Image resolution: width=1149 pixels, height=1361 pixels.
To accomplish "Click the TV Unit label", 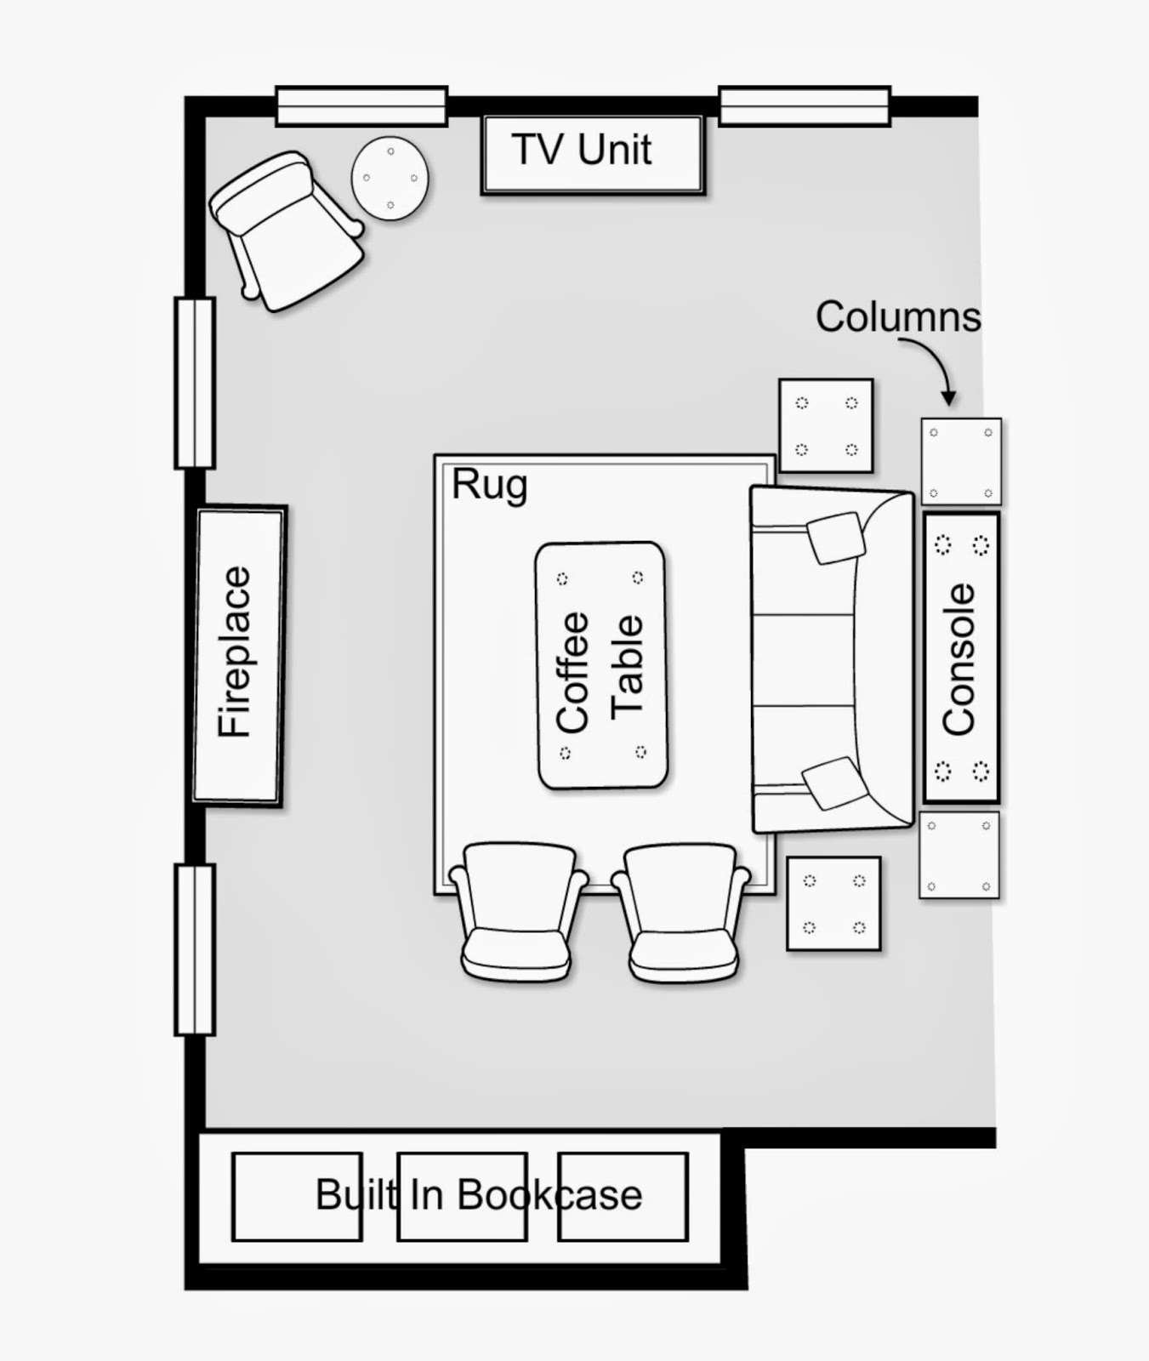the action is (x=582, y=150).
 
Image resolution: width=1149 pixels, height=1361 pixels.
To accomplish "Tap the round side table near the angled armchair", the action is (x=390, y=179).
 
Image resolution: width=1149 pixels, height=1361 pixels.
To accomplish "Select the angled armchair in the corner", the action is (x=287, y=231).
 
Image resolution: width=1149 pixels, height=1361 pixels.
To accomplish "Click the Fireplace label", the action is (x=235, y=652).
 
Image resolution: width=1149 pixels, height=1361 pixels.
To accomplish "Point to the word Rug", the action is (x=489, y=486).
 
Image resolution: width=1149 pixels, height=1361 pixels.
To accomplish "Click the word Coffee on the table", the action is (x=572, y=672).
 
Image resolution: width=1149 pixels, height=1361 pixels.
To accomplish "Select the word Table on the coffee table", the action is (x=627, y=666).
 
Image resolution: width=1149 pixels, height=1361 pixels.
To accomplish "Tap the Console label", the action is (x=959, y=659).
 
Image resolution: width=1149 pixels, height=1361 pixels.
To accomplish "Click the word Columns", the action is (x=898, y=317).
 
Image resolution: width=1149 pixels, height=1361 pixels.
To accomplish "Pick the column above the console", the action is (x=961, y=462).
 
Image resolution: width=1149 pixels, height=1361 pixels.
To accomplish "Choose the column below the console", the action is (x=959, y=854).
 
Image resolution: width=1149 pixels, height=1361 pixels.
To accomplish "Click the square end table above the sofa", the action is (x=826, y=425).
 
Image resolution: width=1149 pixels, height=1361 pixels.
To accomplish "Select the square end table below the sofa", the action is (x=833, y=903).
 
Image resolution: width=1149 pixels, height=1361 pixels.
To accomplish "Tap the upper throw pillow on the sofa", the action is (x=835, y=538).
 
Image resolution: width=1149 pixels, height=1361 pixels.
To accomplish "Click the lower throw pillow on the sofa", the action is (x=834, y=783).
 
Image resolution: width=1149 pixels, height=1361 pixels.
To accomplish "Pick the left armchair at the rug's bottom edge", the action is (x=518, y=911).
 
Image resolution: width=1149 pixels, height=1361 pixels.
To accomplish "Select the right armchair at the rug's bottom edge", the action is (x=681, y=912).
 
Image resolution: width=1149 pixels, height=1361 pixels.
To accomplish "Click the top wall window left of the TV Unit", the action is (x=361, y=106).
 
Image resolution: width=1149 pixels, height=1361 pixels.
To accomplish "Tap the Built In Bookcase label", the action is (x=479, y=1194).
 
